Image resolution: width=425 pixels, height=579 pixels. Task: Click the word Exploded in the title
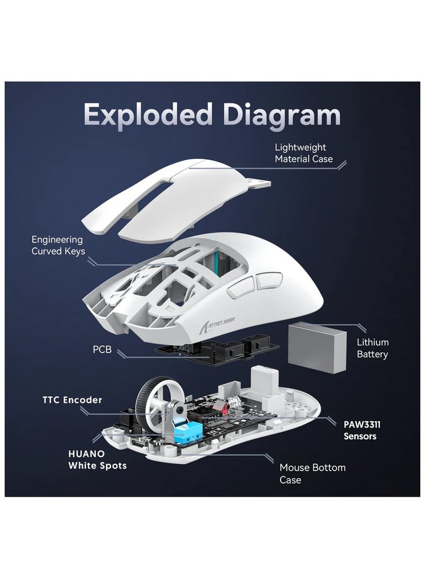148,115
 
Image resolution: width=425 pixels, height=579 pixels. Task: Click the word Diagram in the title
282,115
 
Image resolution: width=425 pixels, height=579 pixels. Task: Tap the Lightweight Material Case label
303,153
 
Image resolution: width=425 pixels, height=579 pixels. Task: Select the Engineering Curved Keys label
58,245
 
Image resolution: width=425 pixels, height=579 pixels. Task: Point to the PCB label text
102,350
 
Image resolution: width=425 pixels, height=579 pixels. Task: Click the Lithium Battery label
372,348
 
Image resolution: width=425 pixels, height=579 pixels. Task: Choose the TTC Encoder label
72,400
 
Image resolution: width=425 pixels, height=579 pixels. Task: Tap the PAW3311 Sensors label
362,430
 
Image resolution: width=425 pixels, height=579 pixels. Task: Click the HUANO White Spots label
97,459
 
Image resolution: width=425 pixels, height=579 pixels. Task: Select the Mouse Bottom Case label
312,474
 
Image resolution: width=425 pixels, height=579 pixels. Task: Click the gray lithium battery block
317,347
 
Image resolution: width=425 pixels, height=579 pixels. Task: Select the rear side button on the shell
269,280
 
